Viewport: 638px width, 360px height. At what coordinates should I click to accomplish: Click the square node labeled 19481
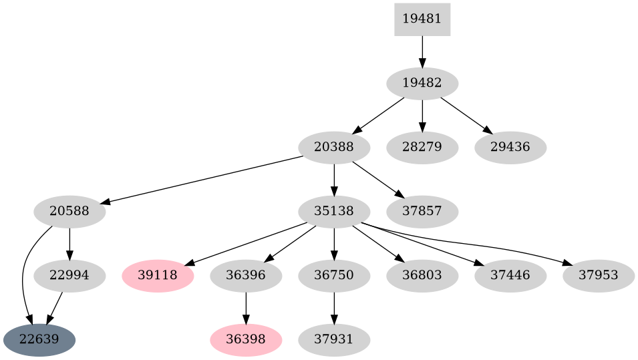pos(422,19)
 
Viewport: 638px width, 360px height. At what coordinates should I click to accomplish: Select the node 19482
pos(422,83)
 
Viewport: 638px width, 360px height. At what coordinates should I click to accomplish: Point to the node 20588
pos(69,212)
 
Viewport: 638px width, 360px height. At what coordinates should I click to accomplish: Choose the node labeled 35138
pos(334,212)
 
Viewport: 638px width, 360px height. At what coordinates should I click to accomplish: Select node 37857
pos(422,212)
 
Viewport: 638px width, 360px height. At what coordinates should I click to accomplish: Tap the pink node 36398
pos(246,340)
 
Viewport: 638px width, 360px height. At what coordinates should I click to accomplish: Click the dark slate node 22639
pos(39,340)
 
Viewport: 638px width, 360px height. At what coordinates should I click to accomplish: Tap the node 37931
pos(334,340)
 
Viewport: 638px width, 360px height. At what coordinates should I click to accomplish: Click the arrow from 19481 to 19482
pos(422,51)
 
